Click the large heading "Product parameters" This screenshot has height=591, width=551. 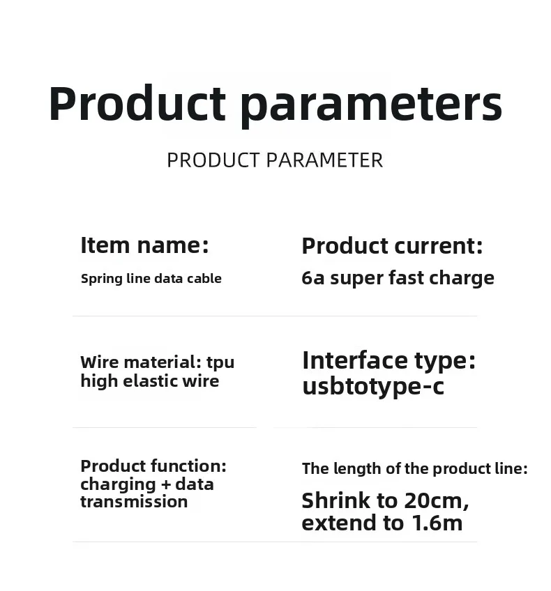coord(275,104)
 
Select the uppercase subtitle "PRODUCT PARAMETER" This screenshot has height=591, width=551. coord(275,160)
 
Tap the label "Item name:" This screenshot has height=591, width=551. coord(144,245)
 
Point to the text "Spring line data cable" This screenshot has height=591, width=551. coord(151,279)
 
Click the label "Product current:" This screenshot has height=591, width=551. coord(392,246)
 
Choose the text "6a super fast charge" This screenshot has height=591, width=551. coord(398,278)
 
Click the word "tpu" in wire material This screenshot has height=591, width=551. coord(220,363)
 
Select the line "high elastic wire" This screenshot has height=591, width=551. coord(149,381)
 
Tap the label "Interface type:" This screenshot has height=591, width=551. coord(388,360)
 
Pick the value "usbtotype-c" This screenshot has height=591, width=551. coord(372,386)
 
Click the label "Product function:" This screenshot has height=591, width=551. coord(153,466)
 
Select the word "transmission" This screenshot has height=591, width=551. coord(134,502)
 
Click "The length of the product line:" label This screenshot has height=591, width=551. coord(414,469)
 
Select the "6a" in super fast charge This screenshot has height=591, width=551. coord(313,278)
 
